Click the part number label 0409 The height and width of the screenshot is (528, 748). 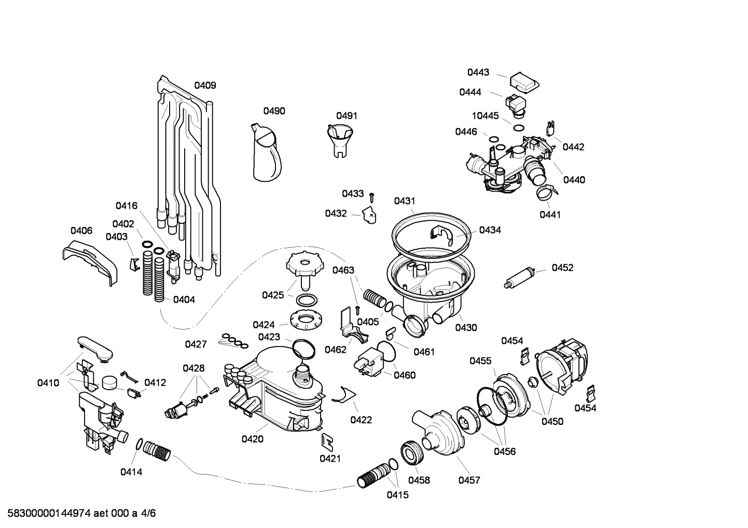click(205, 85)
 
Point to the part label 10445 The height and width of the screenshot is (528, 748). click(485, 116)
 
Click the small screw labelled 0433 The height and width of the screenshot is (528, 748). click(372, 196)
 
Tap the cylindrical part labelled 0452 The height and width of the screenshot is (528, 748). click(520, 277)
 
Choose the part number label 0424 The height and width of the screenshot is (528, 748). click(264, 325)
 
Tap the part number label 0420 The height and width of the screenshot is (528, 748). click(252, 439)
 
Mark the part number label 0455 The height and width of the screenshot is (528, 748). click(480, 361)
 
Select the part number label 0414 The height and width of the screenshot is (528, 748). click(131, 472)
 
